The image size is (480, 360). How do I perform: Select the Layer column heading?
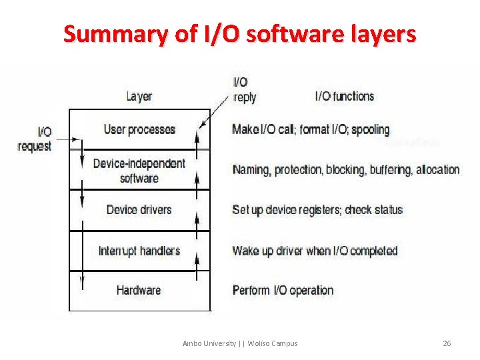click(x=139, y=97)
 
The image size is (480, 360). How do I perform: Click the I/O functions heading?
click(x=345, y=96)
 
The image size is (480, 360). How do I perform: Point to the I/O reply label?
click(x=244, y=89)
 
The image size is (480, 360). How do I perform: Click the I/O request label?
click(x=35, y=139)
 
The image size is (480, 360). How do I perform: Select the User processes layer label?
click(x=139, y=129)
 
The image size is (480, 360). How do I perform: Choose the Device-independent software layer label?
click(x=139, y=171)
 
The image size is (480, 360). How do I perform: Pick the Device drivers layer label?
click(x=139, y=210)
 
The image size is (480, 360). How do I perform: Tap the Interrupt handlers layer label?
click(x=139, y=251)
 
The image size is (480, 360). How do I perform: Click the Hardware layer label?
click(x=139, y=290)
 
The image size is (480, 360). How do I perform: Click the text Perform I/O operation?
click(x=283, y=291)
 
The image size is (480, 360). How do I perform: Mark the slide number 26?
click(x=447, y=343)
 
